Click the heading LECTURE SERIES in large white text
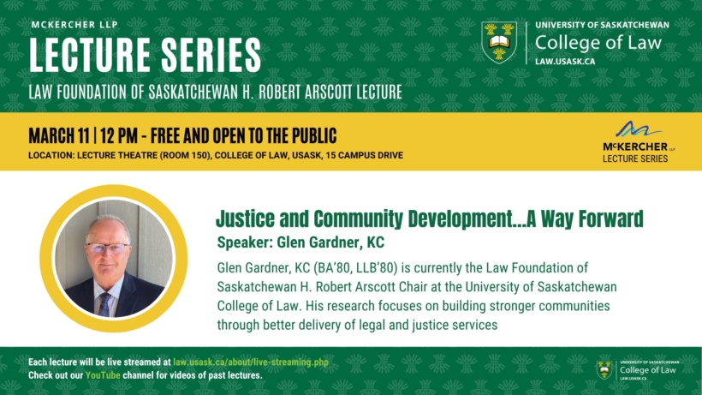click(145, 55)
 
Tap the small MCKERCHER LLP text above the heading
click(74, 25)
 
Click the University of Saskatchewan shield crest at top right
click(499, 42)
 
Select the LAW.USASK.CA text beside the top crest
click(565, 62)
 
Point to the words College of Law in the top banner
click(598, 43)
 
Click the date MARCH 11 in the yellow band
click(59, 135)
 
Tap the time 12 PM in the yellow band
click(119, 135)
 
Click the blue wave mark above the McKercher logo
click(638, 129)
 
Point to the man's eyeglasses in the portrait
click(109, 248)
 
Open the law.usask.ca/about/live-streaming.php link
click(251, 362)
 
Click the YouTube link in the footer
click(103, 375)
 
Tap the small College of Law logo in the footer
click(638, 370)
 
